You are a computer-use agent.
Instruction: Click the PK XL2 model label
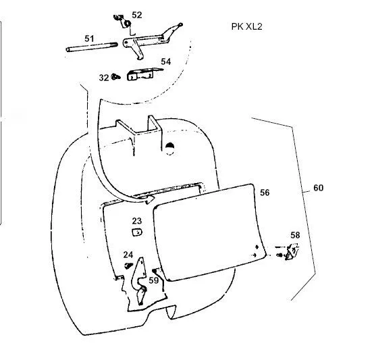click(x=246, y=26)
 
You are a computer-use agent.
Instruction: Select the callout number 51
click(x=89, y=38)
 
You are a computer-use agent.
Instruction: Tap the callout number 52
click(x=137, y=15)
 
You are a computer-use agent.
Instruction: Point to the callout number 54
click(x=166, y=61)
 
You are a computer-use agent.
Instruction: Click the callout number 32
click(x=104, y=78)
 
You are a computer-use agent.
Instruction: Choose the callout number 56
click(x=265, y=192)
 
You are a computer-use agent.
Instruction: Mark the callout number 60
click(x=319, y=188)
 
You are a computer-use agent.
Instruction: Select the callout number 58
click(x=295, y=235)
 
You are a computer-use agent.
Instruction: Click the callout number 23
click(x=137, y=221)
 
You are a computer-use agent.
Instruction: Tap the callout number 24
click(x=128, y=255)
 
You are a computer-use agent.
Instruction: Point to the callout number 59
click(x=153, y=280)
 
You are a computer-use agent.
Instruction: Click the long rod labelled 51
click(x=92, y=47)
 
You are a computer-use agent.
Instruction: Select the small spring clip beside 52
click(x=124, y=22)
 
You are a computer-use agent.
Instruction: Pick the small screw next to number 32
click(x=116, y=76)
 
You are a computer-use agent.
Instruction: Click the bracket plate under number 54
click(x=142, y=74)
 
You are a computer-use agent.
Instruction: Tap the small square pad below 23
click(x=137, y=232)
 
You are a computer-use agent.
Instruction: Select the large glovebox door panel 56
click(x=209, y=232)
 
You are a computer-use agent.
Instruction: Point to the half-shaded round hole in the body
click(x=169, y=149)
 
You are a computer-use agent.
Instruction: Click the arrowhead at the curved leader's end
click(x=149, y=200)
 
